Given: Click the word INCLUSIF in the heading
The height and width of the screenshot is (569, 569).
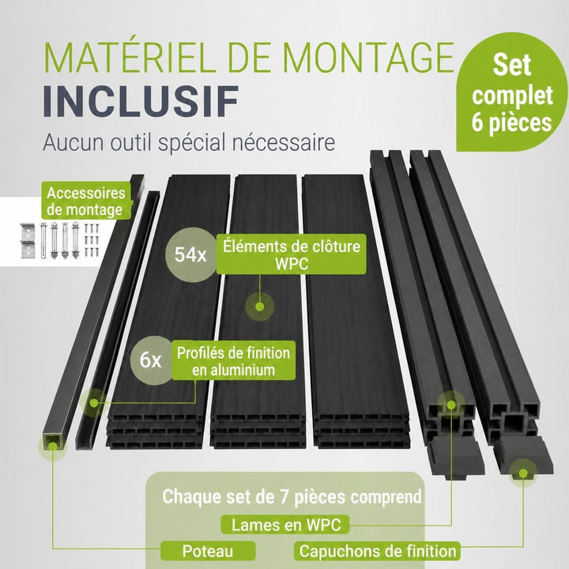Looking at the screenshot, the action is click(x=141, y=101).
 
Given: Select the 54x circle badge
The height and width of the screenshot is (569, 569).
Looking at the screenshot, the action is click(x=190, y=254).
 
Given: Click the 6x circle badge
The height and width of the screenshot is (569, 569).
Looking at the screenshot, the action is click(x=151, y=360).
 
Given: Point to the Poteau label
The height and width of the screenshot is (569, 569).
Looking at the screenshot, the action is click(x=208, y=551).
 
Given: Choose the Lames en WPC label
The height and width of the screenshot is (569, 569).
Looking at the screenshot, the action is click(x=285, y=525).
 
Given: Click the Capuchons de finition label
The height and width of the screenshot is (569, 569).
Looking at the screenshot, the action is click(x=378, y=551).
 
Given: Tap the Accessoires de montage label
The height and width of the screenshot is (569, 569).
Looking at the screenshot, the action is click(x=86, y=202).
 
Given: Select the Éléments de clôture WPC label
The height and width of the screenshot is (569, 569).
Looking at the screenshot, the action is click(x=292, y=254).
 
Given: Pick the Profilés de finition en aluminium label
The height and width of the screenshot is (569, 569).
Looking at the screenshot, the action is click(x=233, y=360).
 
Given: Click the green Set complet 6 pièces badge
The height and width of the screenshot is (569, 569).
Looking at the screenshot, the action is click(x=511, y=93).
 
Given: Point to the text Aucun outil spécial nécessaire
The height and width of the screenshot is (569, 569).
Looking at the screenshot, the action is click(x=189, y=142).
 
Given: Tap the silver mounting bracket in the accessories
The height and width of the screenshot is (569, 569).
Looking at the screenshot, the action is click(x=28, y=240).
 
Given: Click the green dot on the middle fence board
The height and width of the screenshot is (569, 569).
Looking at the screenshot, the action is click(x=259, y=307).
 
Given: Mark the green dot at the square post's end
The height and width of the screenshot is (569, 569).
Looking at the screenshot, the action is click(x=53, y=446).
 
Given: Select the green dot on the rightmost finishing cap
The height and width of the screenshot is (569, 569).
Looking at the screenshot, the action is click(x=523, y=473).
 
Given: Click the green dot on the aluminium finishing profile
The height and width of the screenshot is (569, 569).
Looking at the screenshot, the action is click(x=94, y=402).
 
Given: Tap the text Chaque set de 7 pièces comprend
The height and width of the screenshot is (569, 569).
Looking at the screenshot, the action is click(x=292, y=496).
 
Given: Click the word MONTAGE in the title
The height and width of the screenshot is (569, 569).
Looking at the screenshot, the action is click(x=368, y=58).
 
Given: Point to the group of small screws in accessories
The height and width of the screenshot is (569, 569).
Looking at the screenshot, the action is click(x=92, y=240).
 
